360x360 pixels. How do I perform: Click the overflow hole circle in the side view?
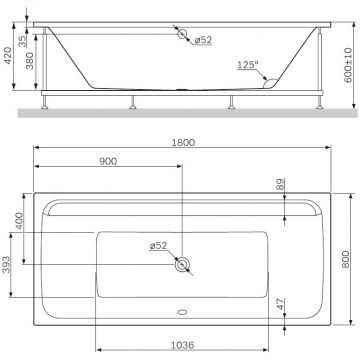tap(183, 36)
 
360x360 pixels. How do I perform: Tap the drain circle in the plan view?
tap(182, 265)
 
